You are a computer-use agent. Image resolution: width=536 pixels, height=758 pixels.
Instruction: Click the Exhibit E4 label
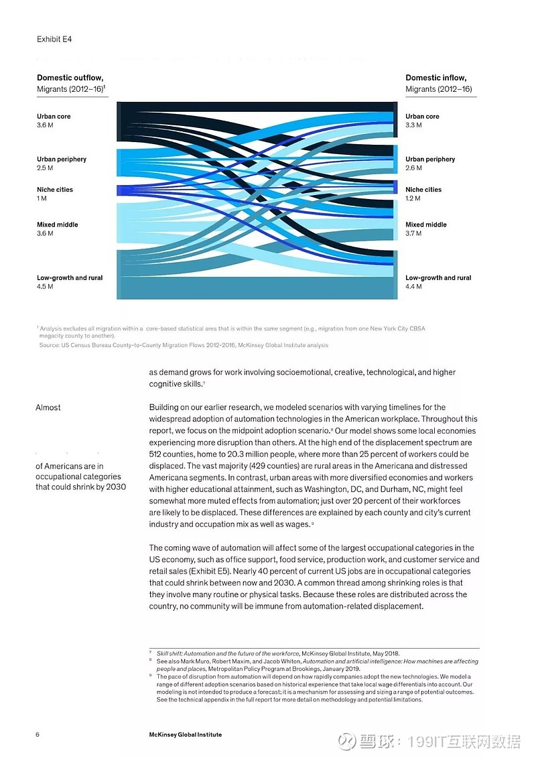[x=54, y=40]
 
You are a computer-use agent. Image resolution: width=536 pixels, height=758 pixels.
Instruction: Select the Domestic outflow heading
[x=70, y=78]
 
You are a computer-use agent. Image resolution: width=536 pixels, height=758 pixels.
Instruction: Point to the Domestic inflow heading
[x=435, y=78]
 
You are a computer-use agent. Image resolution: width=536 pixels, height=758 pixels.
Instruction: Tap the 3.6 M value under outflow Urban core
[x=45, y=125]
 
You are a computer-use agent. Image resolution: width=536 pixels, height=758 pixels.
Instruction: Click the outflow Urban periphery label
[x=62, y=160]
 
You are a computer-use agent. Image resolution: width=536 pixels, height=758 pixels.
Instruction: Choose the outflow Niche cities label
[x=55, y=190]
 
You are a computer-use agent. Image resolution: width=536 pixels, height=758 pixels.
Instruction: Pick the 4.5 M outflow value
[x=45, y=287]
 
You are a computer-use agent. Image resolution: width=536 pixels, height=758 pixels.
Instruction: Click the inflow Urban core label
[x=422, y=117]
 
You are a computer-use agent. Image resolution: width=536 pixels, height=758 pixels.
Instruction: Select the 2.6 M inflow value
[x=413, y=168]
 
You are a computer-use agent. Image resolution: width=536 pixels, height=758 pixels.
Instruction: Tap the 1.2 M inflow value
[x=413, y=198]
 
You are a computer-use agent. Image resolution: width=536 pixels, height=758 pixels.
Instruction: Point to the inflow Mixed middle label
[x=425, y=225]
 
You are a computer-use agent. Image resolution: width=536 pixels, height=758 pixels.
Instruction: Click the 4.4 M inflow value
[x=413, y=287]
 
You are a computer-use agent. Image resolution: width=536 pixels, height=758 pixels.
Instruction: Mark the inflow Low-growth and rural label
[x=438, y=278]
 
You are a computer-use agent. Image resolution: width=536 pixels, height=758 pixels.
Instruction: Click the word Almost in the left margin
[x=48, y=407]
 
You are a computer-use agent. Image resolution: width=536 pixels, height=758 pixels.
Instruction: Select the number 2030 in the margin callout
[x=115, y=487]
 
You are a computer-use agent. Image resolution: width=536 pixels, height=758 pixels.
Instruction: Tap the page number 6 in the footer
[x=38, y=735]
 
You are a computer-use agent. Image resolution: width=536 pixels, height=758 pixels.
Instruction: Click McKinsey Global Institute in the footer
[x=185, y=735]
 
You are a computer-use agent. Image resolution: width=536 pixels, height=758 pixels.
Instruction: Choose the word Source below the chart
[x=50, y=345]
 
